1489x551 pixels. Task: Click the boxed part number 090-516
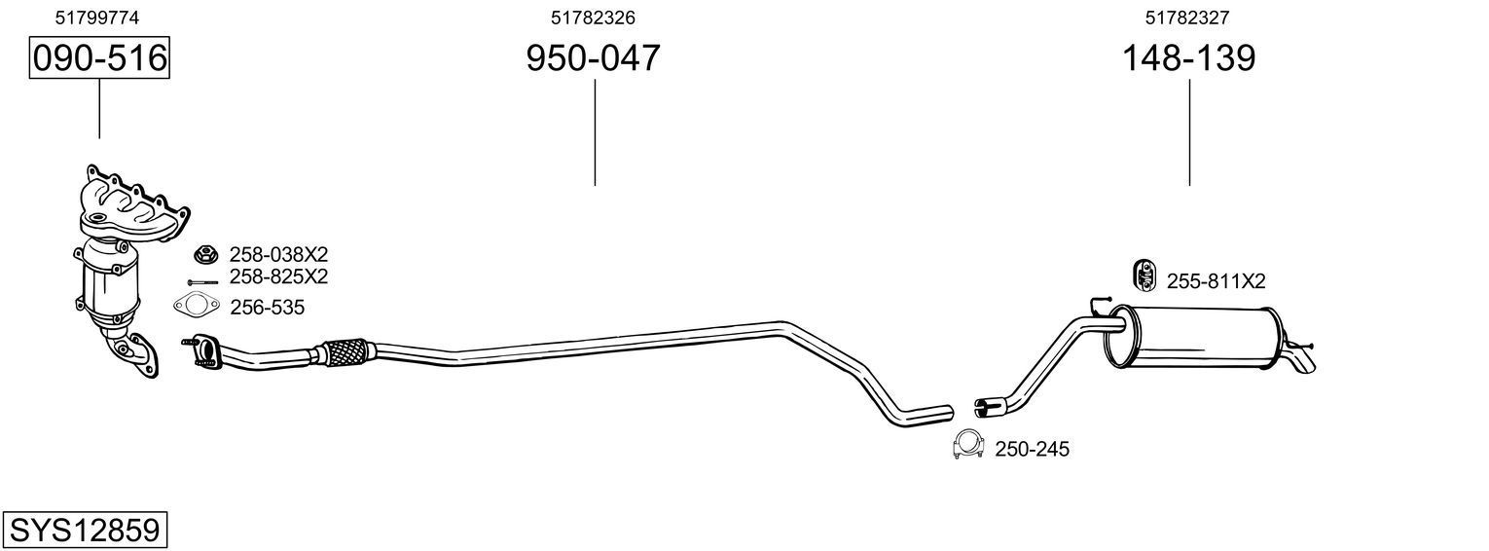99,57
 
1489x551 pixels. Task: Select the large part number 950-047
593,57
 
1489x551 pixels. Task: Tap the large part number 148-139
1188,57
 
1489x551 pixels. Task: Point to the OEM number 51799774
97,18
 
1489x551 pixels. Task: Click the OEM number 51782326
593,18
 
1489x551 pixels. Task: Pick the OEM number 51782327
1187,18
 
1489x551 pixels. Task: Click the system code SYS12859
85,531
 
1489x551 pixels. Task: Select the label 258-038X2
278,254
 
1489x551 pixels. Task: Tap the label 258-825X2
278,276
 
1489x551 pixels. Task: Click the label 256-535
268,307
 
